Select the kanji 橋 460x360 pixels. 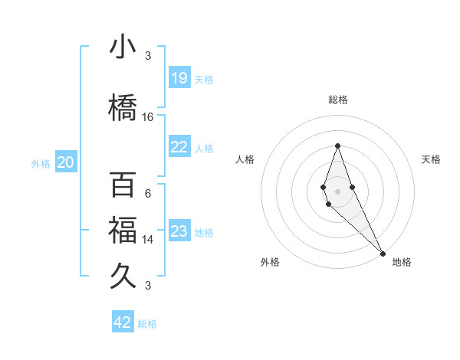pos(123,107)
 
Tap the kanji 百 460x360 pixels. pos(123,185)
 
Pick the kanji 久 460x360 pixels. pos(123,273)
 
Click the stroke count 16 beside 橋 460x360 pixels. pos(148,117)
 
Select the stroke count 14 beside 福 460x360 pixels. pos(148,240)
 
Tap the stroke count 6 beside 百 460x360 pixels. pos(148,194)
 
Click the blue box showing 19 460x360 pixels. pos(179,78)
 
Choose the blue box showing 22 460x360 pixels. pos(179,147)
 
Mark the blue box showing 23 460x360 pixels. pos(179,231)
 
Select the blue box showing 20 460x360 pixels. pos(66,162)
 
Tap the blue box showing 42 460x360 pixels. pos(123,322)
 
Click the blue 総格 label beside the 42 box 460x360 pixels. pos(147,324)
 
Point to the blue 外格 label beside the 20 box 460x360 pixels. pos(41,164)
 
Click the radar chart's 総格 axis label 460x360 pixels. pos(338,100)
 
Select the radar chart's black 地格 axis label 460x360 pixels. pos(402,263)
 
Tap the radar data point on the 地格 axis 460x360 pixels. pos(382,252)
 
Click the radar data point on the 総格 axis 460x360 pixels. pos(337,145)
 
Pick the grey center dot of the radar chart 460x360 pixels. pos(337,190)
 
